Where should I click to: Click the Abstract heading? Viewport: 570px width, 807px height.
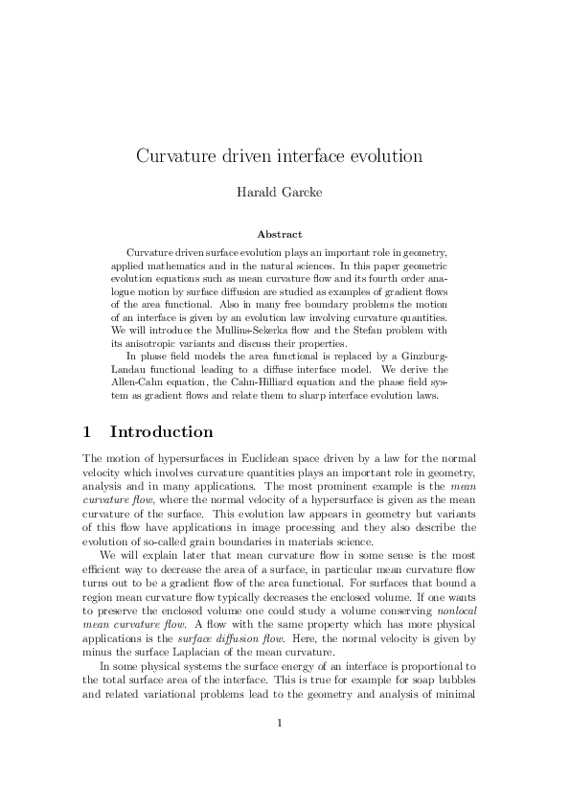pyautogui.click(x=280, y=233)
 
